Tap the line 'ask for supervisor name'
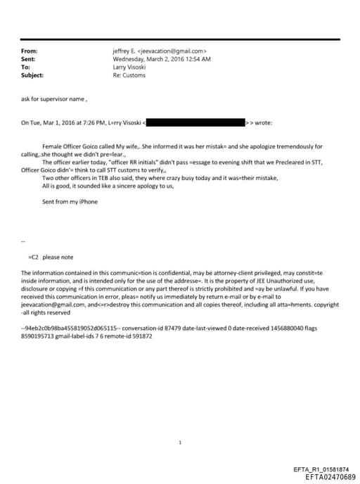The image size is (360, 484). point(54,99)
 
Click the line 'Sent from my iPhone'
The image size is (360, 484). point(70,202)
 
